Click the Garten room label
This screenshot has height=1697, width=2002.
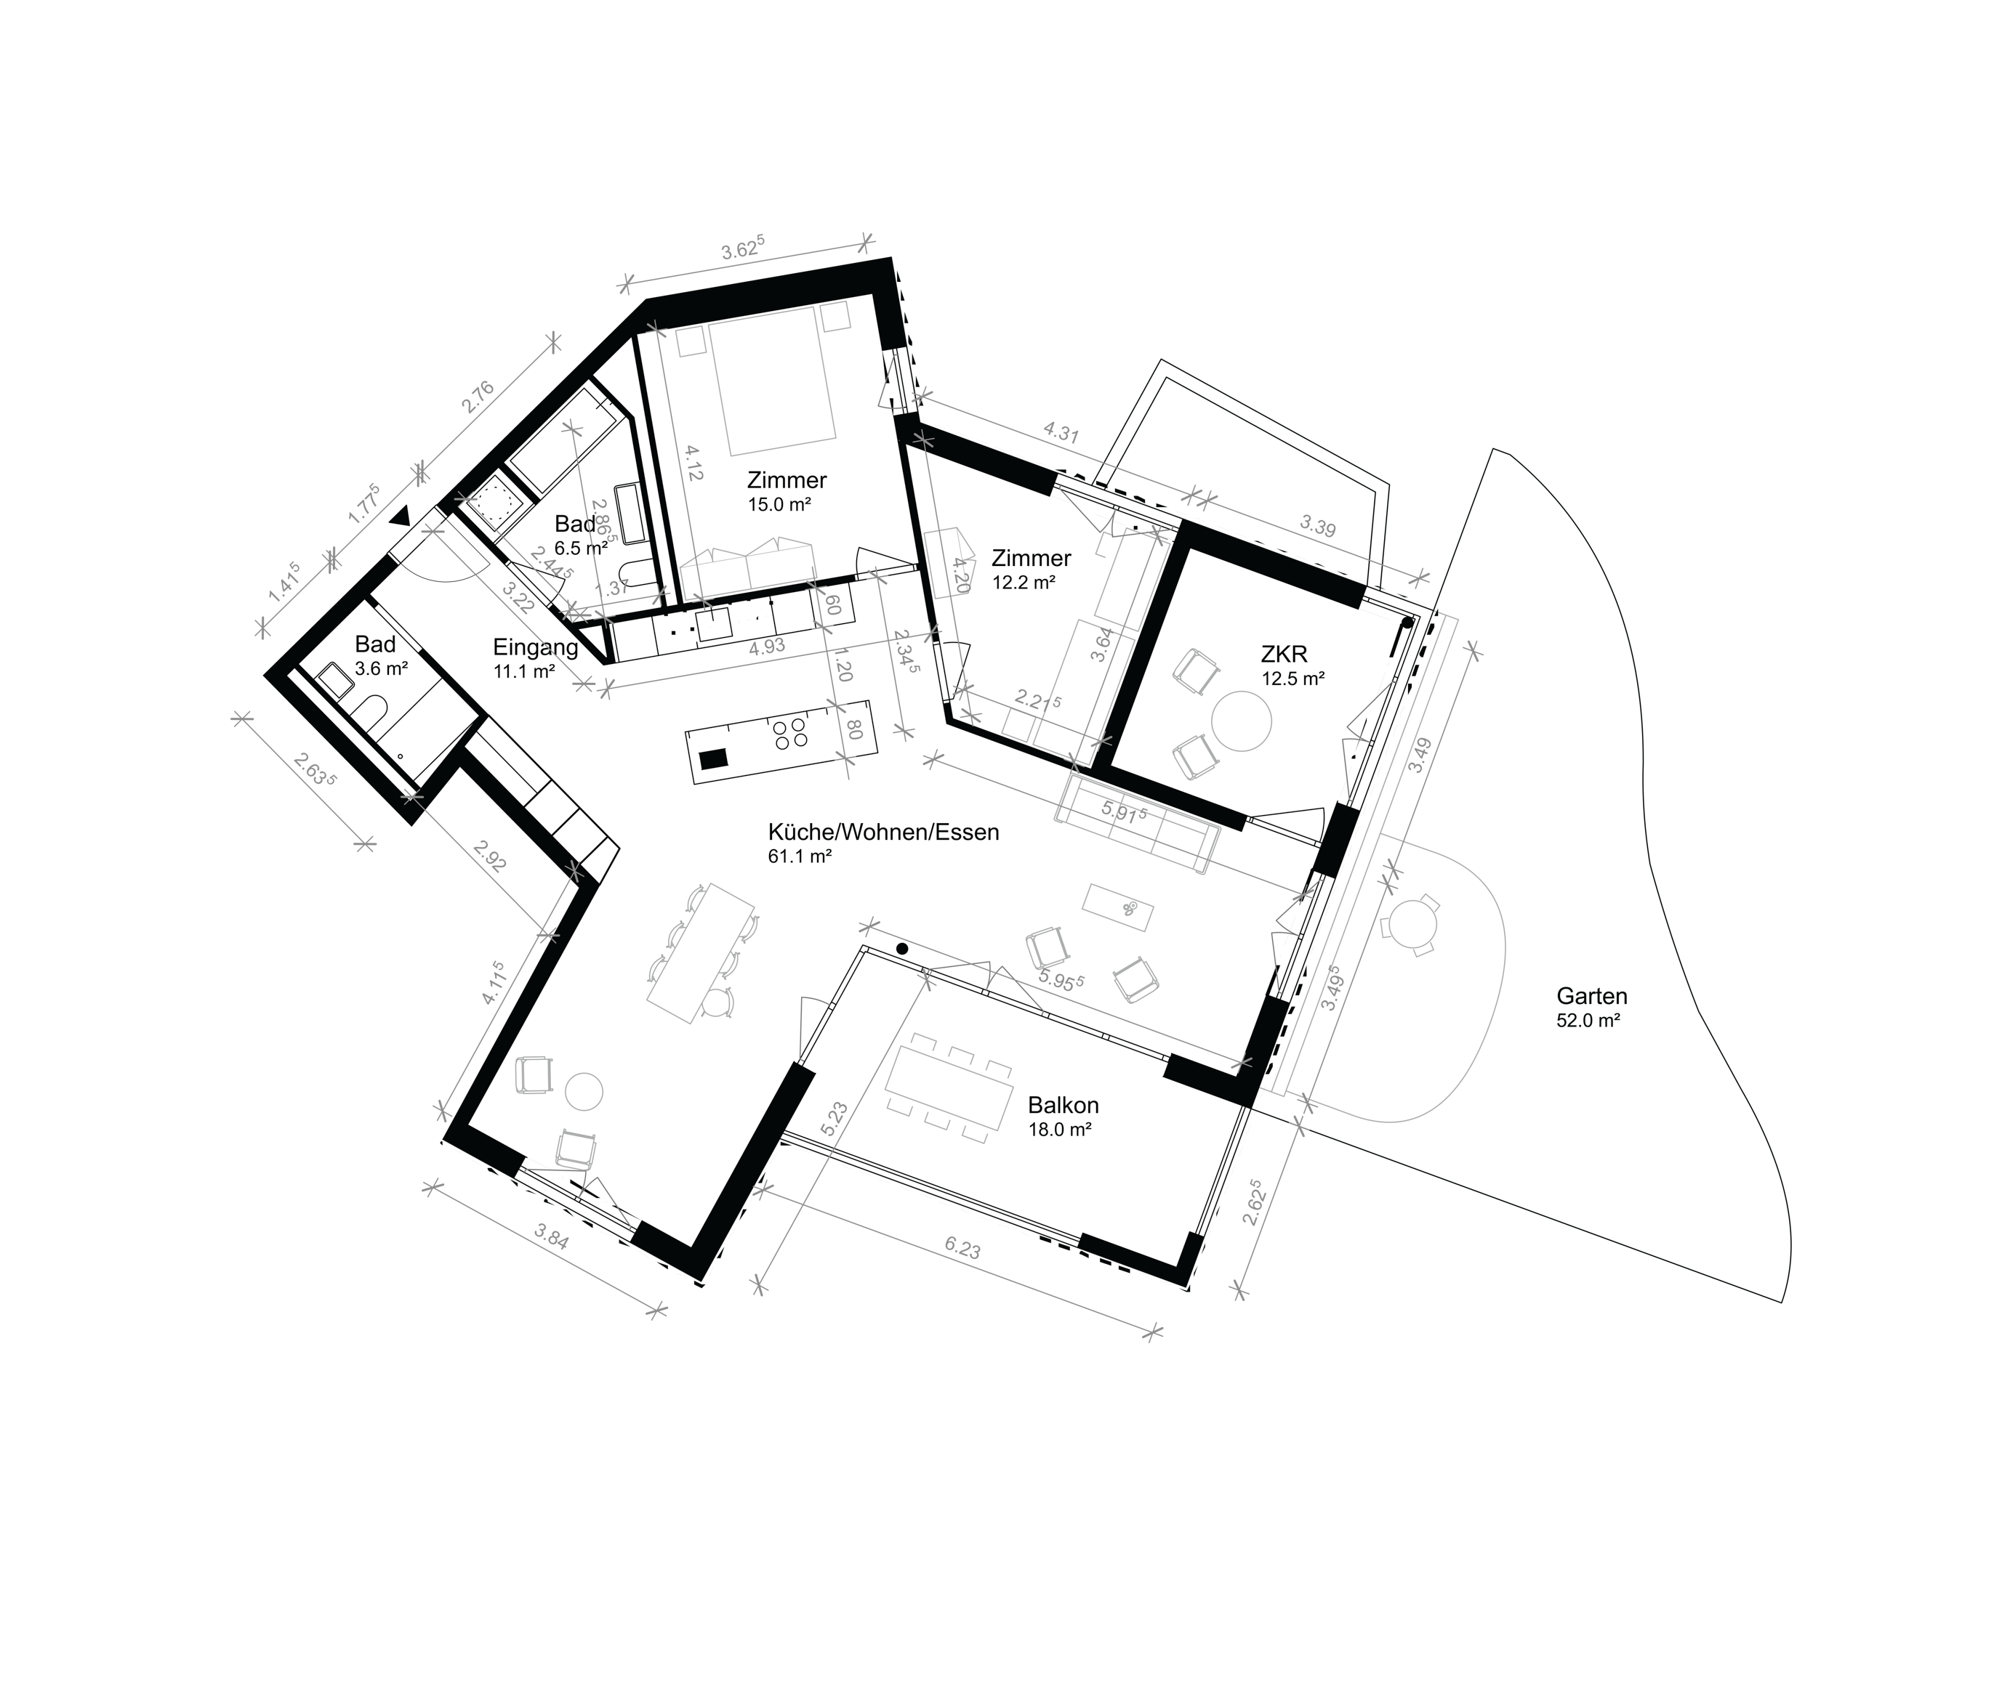click(1592, 997)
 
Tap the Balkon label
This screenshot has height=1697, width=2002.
click(1063, 1106)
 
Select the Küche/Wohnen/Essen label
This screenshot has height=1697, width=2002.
click(883, 832)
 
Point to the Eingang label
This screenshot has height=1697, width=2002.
click(535, 647)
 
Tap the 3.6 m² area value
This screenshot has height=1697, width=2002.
click(380, 668)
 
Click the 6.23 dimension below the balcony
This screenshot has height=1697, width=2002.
click(962, 1250)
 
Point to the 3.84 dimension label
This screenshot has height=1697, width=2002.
click(552, 1238)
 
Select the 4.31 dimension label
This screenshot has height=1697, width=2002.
click(1061, 433)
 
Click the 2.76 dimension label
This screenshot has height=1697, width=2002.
click(478, 397)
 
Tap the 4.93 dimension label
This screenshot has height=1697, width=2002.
click(766, 647)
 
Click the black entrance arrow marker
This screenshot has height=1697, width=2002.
click(401, 517)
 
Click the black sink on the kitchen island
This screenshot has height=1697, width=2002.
click(713, 758)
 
